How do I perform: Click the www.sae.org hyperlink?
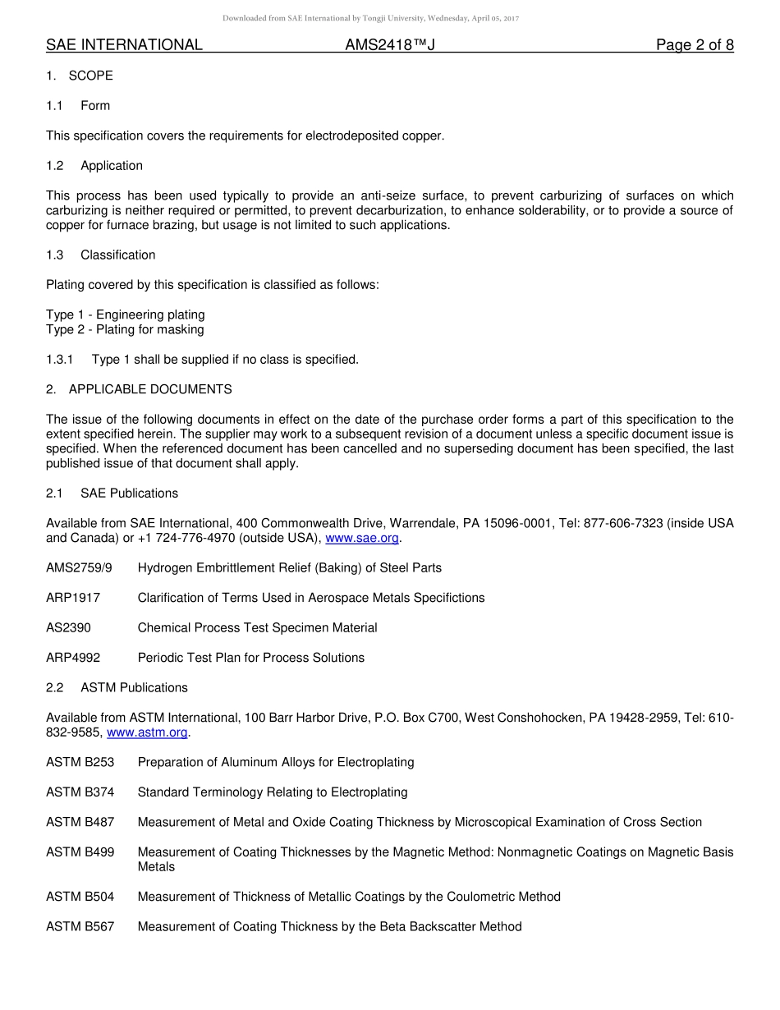click(362, 538)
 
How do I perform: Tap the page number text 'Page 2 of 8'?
click(695, 45)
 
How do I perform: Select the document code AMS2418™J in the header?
click(389, 45)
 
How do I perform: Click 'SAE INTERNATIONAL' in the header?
click(124, 45)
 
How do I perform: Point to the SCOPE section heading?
click(90, 76)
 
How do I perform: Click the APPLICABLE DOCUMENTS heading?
click(150, 389)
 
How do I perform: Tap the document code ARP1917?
click(73, 598)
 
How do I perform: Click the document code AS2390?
click(68, 628)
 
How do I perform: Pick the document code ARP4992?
click(73, 658)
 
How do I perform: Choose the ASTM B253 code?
click(80, 763)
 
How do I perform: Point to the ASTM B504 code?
click(80, 897)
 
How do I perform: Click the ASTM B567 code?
click(80, 927)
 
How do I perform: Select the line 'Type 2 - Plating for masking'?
click(125, 330)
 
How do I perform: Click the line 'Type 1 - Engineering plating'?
click(126, 314)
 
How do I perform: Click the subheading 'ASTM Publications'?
click(134, 688)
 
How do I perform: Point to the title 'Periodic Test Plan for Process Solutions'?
click(250, 658)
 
